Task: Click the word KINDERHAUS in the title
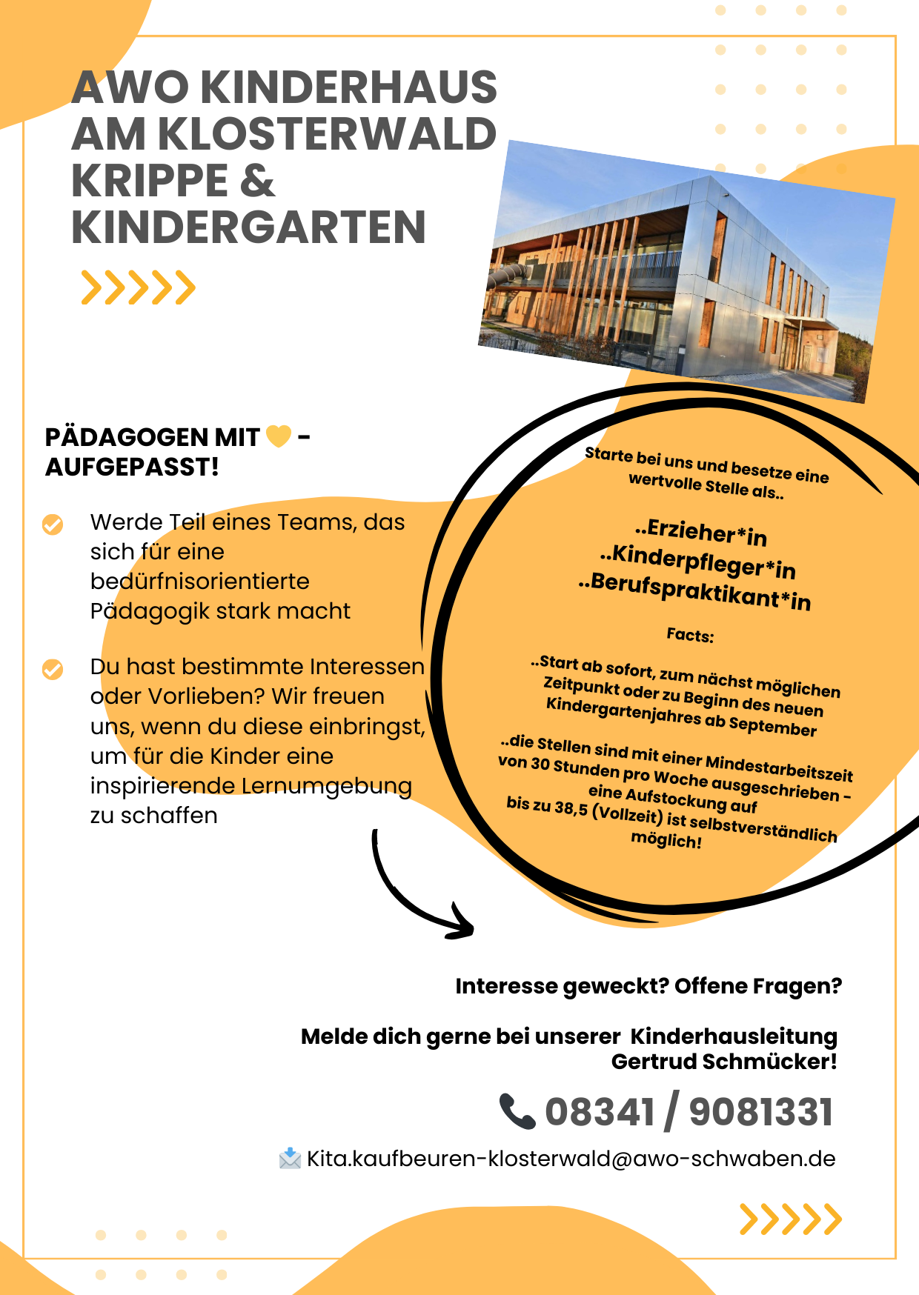[x=348, y=87]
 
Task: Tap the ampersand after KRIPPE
[x=257, y=181]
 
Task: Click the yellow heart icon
[x=279, y=436]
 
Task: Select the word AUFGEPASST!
[x=132, y=467]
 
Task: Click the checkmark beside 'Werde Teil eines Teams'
[x=53, y=525]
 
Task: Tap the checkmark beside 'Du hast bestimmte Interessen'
[x=53, y=669]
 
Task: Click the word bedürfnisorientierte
[x=199, y=582]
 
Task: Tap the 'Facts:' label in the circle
[x=690, y=635]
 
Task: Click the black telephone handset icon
[x=517, y=1111]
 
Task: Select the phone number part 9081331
[x=761, y=1113]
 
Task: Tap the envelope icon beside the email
[x=290, y=1159]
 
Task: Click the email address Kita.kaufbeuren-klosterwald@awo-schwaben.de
[x=571, y=1159]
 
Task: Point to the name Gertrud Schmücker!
[x=724, y=1062]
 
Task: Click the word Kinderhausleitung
[x=734, y=1036]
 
